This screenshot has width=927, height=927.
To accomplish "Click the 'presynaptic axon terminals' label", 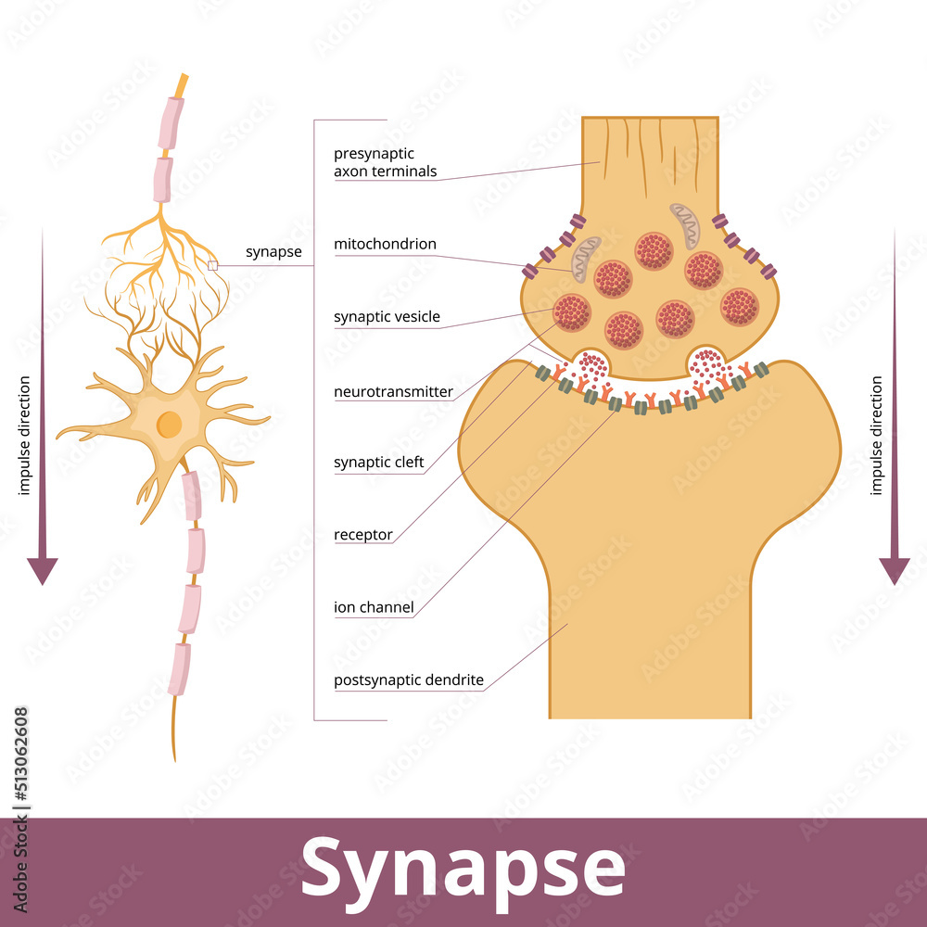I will [385, 162].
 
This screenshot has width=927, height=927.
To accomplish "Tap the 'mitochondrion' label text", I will [385, 245].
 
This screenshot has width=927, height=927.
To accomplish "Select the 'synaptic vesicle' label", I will [387, 317].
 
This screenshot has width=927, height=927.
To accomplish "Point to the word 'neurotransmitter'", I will [393, 391].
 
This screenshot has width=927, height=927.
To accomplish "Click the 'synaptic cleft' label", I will [378, 462].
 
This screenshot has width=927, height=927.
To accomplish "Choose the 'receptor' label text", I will [362, 535].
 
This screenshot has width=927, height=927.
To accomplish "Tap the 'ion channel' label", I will [373, 608].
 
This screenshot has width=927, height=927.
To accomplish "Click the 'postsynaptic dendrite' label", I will [408, 680].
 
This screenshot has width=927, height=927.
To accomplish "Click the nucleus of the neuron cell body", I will [169, 425].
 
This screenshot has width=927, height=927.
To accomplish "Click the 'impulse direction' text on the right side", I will [876, 435].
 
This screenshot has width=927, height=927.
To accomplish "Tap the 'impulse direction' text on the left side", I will [24, 435].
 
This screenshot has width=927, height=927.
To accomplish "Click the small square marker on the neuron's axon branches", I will [212, 265].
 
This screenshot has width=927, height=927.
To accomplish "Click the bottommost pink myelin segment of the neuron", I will [178, 668].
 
